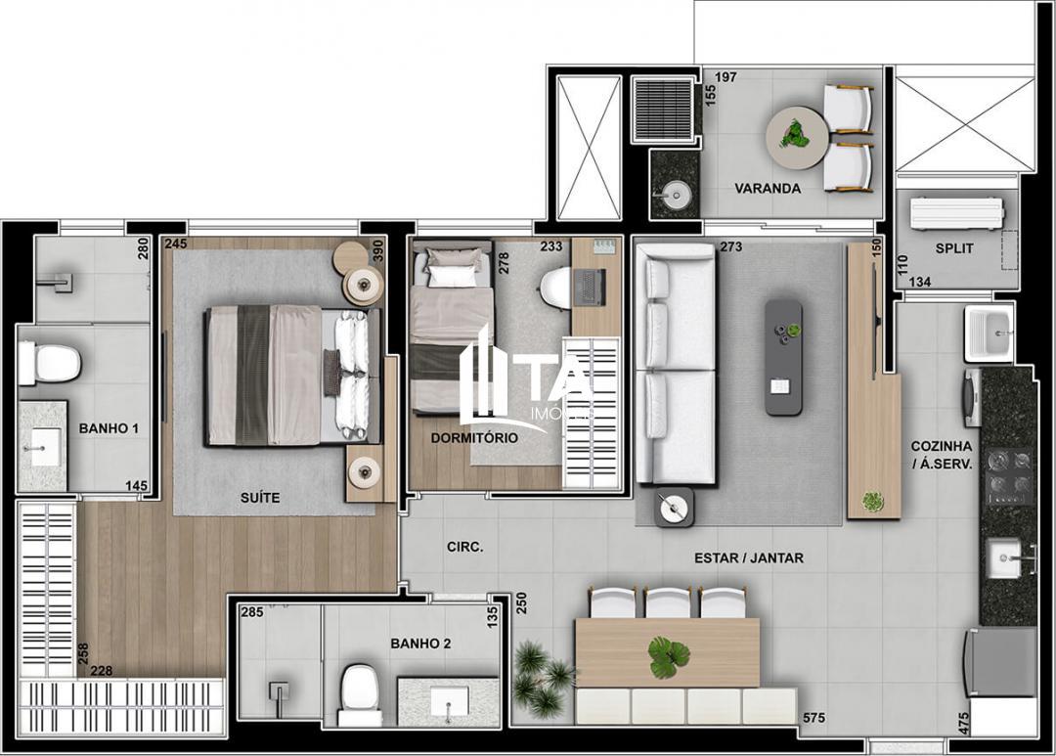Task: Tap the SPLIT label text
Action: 953,248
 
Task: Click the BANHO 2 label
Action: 420,644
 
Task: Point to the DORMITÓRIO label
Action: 474,438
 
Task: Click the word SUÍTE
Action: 260,498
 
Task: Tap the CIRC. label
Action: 464,548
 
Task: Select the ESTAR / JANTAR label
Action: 749,558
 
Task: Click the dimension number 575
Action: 814,719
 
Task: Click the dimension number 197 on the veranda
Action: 726,77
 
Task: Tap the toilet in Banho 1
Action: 49,363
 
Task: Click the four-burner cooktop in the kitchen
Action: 1008,474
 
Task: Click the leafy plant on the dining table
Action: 669,656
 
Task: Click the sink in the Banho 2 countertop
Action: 450,701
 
